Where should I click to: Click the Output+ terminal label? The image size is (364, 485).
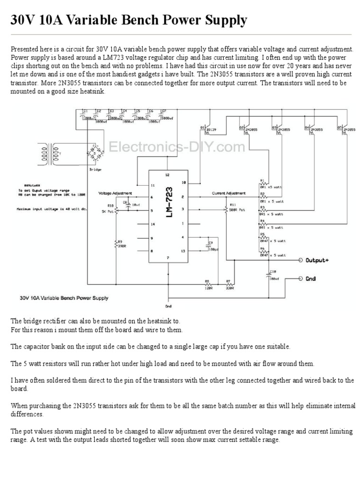[317, 260]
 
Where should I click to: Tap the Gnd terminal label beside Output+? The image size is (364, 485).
[310, 278]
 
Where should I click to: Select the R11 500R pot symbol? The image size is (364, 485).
[226, 208]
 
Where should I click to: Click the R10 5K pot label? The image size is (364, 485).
[110, 208]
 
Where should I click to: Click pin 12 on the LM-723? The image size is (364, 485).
[167, 174]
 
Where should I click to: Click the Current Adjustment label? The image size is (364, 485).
[229, 193]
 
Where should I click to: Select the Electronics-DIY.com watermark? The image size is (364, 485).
[177, 147]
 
